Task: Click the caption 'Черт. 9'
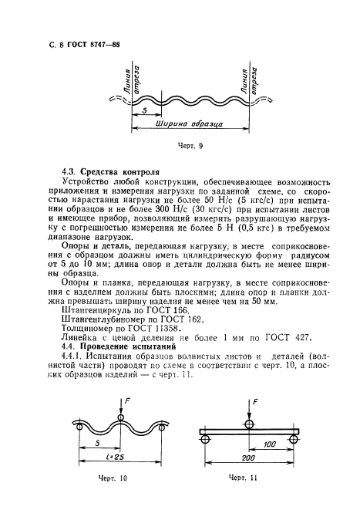coord(180,144)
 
